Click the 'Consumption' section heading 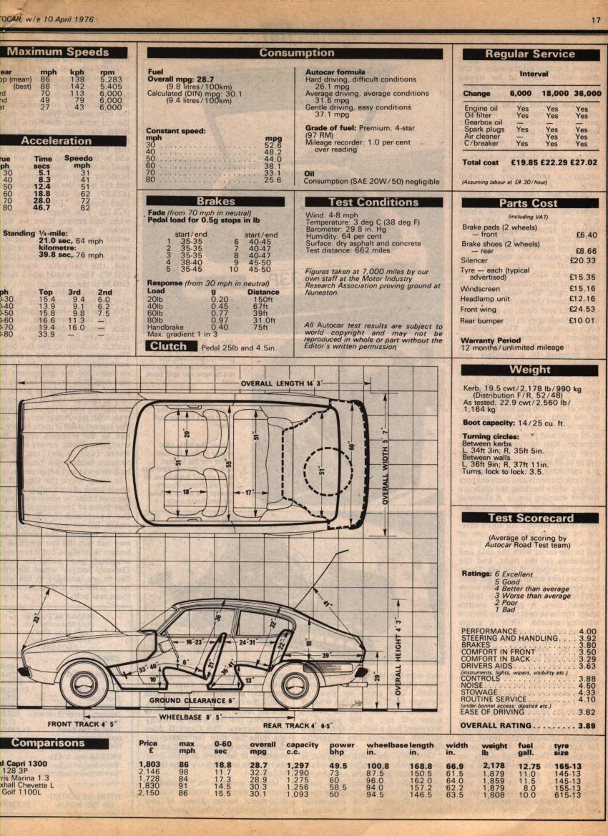[x=295, y=53]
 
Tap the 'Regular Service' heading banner [x=530, y=54]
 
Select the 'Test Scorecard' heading [x=529, y=518]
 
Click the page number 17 [x=595, y=19]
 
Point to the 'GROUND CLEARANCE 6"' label [x=192, y=701]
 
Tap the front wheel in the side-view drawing [x=84, y=684]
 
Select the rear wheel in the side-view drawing [x=295, y=684]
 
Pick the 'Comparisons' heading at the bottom [x=49, y=743]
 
